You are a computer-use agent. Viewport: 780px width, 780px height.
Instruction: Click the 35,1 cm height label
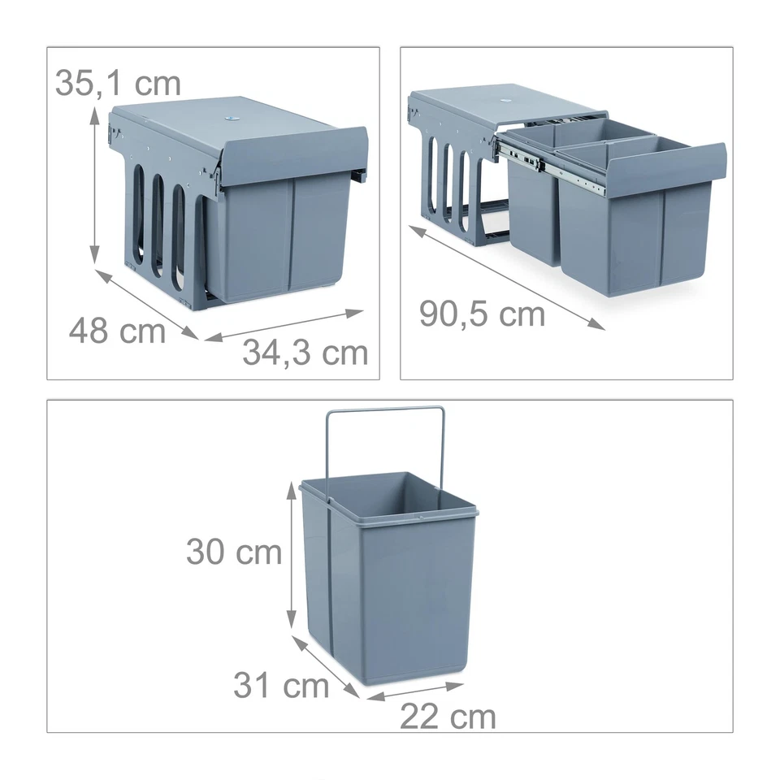(118, 83)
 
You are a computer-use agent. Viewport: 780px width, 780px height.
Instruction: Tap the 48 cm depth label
(116, 331)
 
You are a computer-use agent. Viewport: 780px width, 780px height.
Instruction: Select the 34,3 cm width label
(305, 353)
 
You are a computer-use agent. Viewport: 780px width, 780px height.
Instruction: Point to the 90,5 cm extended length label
(482, 314)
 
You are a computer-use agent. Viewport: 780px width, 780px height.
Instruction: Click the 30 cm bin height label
(234, 552)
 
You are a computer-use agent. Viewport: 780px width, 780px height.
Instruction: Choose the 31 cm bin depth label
(281, 686)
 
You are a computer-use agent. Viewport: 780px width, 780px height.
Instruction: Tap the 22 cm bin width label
(448, 717)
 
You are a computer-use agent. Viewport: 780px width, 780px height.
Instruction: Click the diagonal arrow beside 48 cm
(146, 304)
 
